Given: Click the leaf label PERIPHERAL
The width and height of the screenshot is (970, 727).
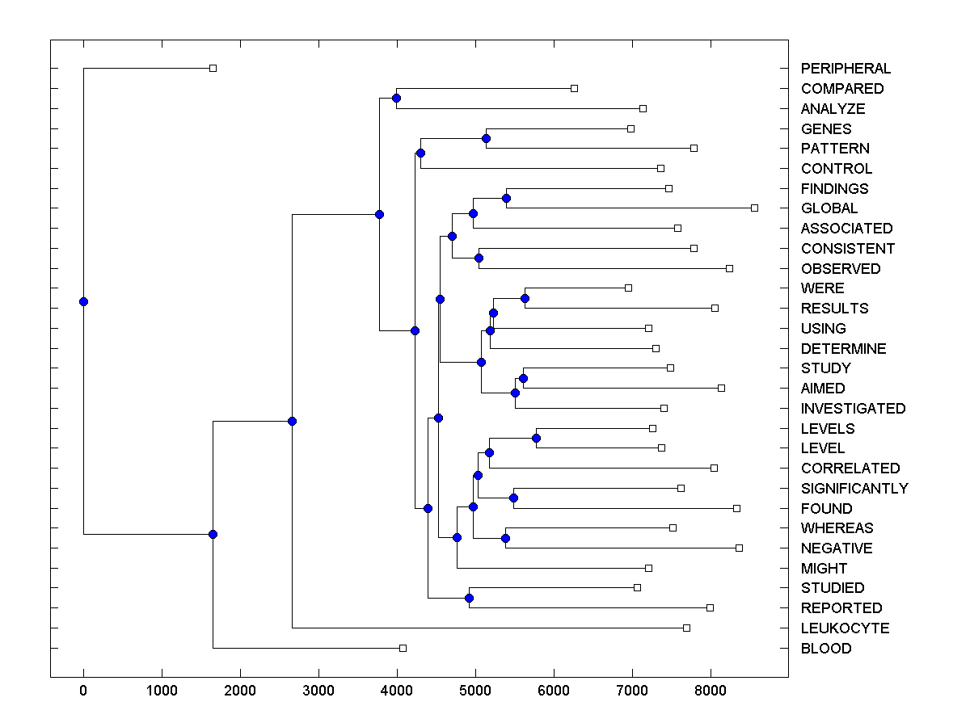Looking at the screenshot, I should coord(846,69).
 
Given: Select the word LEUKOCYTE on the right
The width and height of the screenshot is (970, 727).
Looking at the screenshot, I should coord(845,628).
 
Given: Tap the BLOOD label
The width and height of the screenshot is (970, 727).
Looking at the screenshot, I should coord(826,648).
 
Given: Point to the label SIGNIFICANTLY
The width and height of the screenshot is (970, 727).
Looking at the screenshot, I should coord(854,488).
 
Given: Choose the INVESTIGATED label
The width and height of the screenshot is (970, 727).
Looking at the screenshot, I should coord(853,408).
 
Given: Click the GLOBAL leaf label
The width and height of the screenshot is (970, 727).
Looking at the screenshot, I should coord(829,208).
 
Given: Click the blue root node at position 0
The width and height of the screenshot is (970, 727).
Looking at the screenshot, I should coord(83,301).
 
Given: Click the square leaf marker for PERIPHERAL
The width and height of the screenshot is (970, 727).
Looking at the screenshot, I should coord(213,68).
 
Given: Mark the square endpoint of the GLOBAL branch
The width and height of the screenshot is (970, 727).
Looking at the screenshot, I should coord(754,208).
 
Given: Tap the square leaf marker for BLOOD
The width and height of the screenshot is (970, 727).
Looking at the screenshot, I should coord(403,648).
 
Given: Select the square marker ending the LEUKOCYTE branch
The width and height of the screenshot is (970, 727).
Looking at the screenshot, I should coord(686,628).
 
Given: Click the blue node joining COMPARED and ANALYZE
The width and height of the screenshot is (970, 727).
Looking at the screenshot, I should coord(396,98).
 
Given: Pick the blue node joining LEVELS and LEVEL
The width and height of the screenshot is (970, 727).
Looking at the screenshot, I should coord(536,438).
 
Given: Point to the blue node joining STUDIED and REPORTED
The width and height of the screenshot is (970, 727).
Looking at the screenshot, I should coord(469,598).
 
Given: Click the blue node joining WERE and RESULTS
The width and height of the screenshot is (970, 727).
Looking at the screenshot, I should coord(525,298).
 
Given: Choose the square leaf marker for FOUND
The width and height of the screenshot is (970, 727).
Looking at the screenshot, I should coord(736,508).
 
